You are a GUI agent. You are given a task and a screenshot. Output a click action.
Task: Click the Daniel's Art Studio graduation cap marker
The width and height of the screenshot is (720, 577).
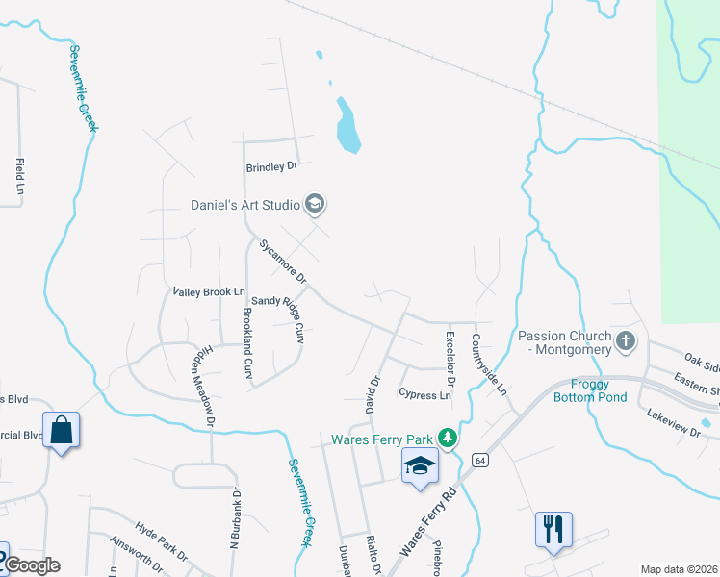(x=314, y=204)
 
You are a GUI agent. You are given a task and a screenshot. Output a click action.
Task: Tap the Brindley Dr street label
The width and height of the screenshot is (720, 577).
(x=272, y=166)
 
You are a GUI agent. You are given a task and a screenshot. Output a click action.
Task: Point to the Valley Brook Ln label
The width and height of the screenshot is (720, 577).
(x=209, y=291)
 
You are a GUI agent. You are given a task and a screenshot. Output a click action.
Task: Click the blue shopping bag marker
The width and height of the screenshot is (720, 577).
(x=61, y=430)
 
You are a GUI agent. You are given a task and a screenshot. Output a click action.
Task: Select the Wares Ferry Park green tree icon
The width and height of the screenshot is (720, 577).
(x=447, y=439)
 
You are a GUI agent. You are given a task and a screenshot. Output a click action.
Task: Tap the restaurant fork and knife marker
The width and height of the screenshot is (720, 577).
(x=553, y=528)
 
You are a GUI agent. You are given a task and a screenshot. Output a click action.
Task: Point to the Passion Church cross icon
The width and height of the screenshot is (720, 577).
(x=626, y=340)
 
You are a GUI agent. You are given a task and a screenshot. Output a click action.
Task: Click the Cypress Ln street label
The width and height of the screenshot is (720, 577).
(x=424, y=395)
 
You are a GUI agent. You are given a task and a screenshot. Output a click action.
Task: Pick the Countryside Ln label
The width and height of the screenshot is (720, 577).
(x=488, y=365)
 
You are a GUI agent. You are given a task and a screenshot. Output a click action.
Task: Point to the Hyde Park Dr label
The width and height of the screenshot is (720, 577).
(x=161, y=542)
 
